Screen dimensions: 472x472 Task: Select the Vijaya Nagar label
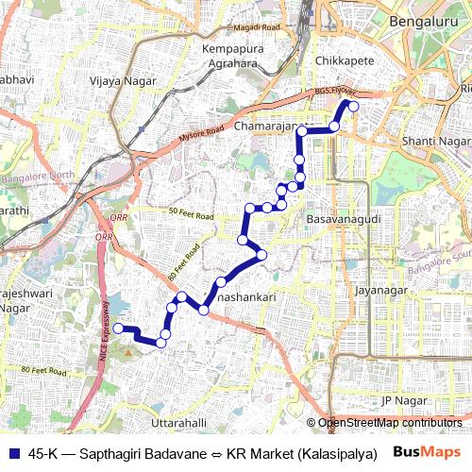coord(120,82)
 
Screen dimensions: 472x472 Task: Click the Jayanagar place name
coord(379,291)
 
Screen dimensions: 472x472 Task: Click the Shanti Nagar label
coord(435,141)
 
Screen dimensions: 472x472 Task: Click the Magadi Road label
coord(258,28)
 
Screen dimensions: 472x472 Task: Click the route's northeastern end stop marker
coord(354,107)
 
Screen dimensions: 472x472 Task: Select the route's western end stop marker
coord(117,328)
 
